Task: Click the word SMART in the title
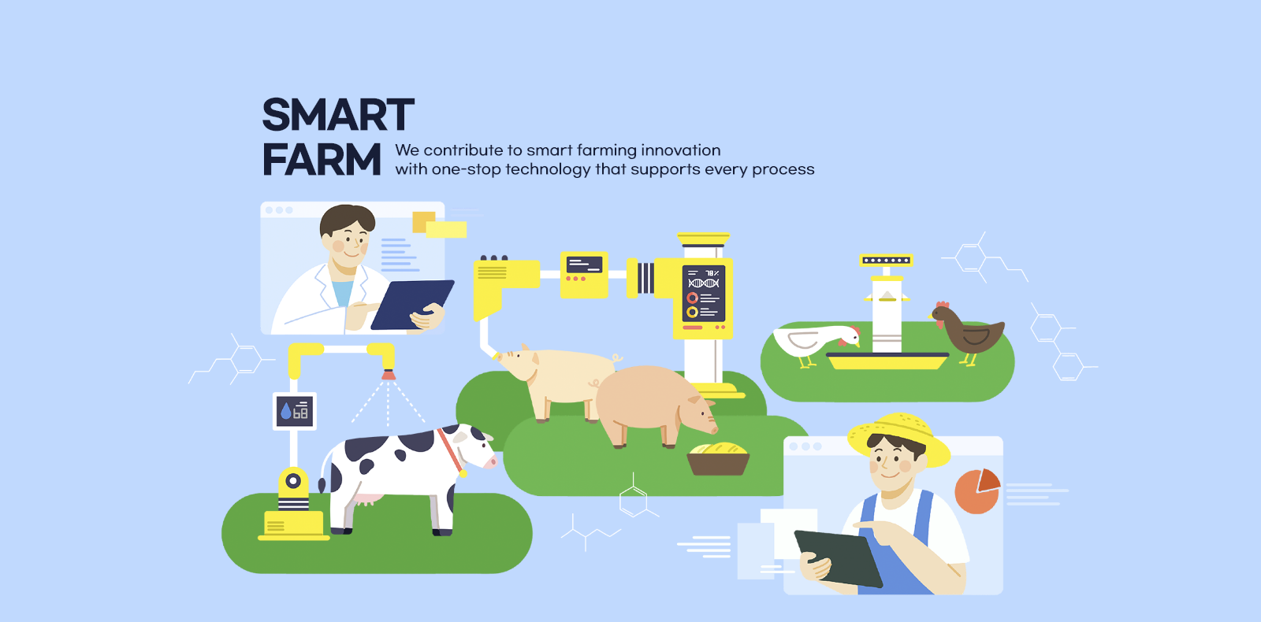coord(338,115)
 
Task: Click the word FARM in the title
coord(322,160)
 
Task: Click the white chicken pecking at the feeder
coord(816,342)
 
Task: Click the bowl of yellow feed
coord(718,458)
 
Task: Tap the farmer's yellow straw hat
coord(899,436)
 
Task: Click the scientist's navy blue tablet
coord(412,304)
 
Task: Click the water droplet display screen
coord(295,411)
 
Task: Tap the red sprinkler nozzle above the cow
coord(388,375)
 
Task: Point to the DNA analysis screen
coord(704,294)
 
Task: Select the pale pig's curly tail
coord(617,357)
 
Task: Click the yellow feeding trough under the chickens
coord(887,361)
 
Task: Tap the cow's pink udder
coord(368,499)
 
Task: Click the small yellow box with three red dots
coord(584,275)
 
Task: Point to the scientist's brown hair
coord(346,220)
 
